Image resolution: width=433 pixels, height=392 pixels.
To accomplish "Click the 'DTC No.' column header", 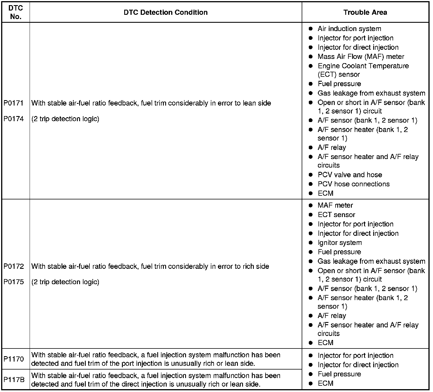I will (16, 12).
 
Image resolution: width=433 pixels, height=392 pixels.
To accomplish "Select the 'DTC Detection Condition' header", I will (166, 12).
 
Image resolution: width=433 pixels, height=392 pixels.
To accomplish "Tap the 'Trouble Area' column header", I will (365, 12).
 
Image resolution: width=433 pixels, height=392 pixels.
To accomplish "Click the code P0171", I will (13, 103).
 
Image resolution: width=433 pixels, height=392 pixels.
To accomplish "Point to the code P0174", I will (13, 119).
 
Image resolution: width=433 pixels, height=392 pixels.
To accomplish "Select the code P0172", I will (13, 266).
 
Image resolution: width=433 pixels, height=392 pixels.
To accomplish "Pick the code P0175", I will (13, 282).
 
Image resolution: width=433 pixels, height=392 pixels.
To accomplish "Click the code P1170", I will (13, 359).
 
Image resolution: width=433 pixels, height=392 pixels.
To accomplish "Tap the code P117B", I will (14, 380).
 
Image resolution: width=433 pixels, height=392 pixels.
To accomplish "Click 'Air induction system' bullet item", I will (349, 29).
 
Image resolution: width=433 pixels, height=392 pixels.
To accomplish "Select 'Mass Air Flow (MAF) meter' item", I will (361, 57).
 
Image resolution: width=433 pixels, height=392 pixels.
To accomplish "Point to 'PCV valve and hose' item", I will (350, 175).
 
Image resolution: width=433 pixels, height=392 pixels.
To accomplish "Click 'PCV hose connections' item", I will (354, 184).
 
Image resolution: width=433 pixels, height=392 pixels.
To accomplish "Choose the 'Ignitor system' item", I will (340, 243).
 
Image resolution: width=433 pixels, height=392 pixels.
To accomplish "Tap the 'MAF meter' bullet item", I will (335, 205).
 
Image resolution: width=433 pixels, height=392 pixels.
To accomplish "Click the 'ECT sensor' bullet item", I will (336, 215).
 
